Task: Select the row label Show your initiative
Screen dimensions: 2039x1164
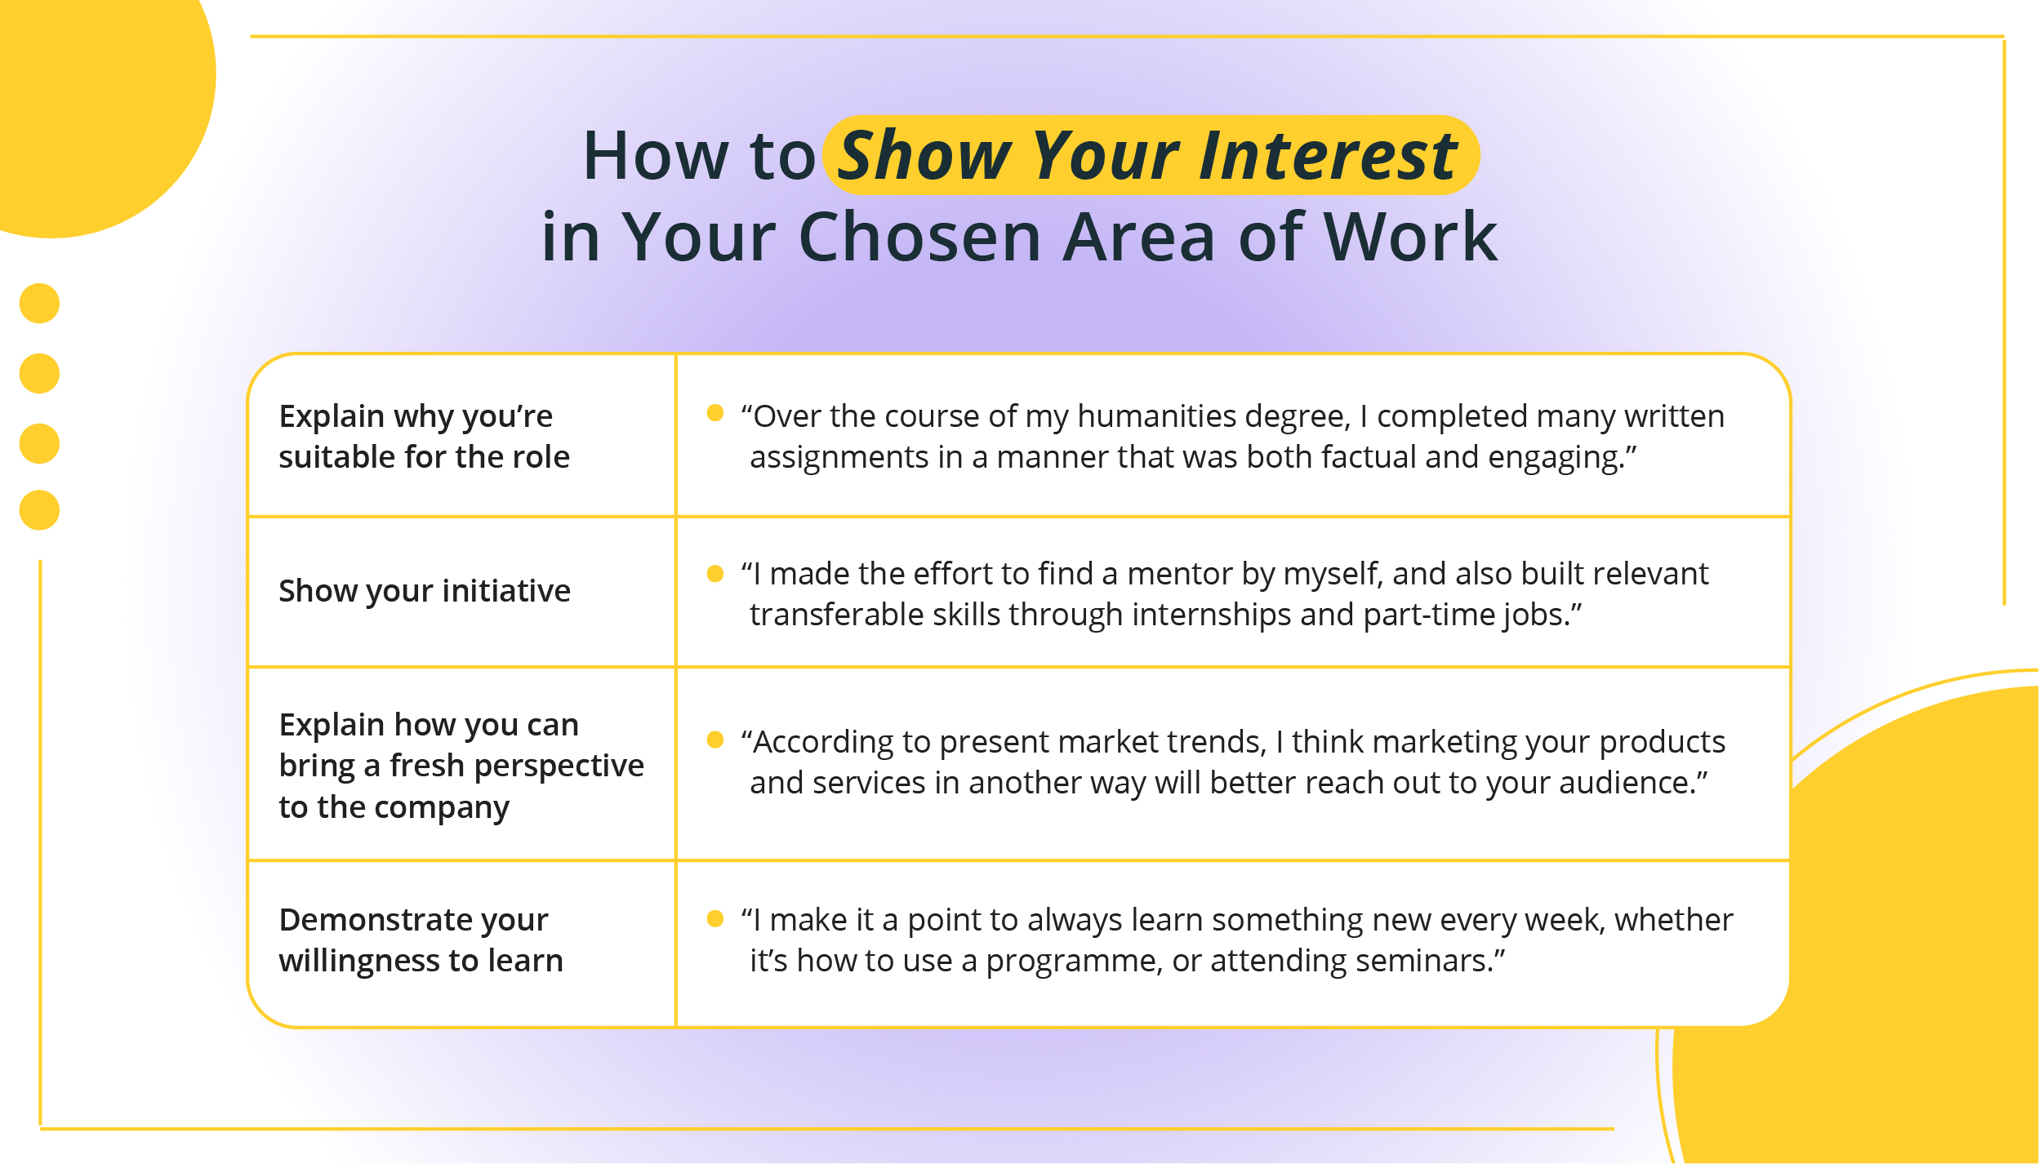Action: point(425,591)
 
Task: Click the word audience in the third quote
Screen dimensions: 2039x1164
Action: point(1625,784)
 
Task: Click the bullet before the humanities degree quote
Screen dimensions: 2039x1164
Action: point(715,413)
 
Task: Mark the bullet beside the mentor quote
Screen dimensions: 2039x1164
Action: point(715,574)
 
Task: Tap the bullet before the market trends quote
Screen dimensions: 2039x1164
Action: point(715,740)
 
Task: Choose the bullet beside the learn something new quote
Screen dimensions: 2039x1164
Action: point(715,919)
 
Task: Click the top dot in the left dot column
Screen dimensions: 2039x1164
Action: point(39,304)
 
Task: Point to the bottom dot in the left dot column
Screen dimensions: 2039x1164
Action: point(39,510)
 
